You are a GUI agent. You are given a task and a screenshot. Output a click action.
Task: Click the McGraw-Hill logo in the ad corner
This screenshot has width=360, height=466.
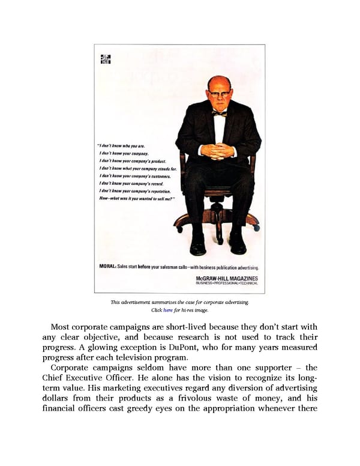106,59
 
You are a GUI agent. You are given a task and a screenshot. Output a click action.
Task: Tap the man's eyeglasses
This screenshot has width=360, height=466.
219,94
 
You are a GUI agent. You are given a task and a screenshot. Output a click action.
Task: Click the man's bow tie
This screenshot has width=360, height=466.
219,113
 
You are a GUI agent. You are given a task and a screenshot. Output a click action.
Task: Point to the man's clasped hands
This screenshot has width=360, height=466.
217,150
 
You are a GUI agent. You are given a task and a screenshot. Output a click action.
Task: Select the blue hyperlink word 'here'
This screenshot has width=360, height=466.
168,310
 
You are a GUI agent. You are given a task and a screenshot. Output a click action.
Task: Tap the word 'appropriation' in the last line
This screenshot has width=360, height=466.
250,410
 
